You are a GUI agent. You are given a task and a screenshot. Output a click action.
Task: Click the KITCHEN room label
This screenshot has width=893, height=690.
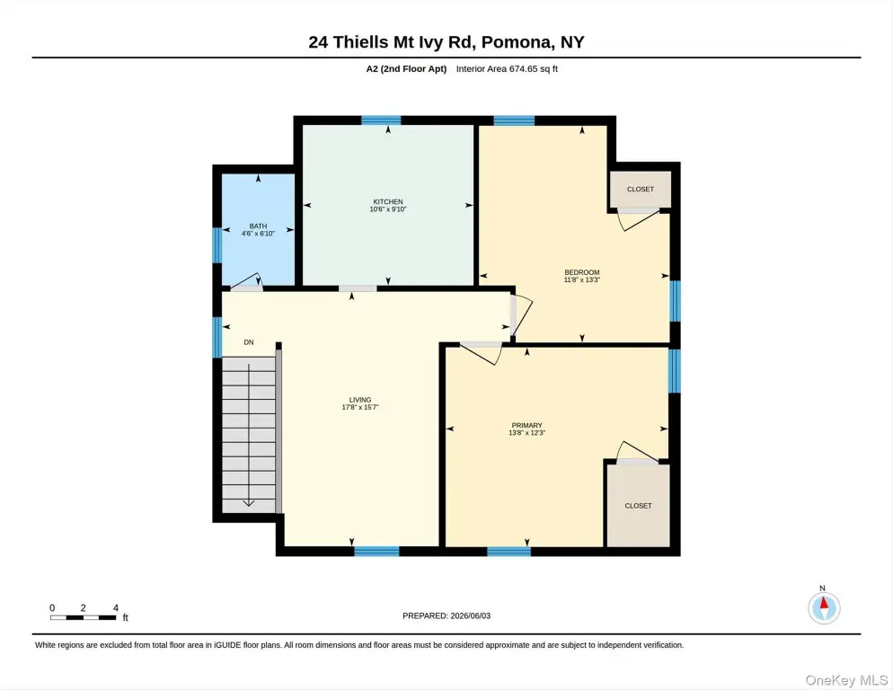click(388, 202)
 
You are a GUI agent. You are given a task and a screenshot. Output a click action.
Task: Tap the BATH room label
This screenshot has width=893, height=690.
click(258, 226)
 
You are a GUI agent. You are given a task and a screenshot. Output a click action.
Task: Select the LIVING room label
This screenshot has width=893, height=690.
click(360, 400)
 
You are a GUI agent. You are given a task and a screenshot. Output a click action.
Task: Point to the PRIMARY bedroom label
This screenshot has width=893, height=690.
click(526, 426)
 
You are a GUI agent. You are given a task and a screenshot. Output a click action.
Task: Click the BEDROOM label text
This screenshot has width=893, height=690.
click(582, 272)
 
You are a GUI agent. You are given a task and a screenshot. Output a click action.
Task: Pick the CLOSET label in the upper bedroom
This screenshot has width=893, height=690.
click(641, 190)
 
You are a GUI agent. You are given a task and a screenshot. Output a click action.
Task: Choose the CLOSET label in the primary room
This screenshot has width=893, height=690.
click(638, 506)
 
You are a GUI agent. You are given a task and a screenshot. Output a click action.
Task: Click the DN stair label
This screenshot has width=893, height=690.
click(249, 342)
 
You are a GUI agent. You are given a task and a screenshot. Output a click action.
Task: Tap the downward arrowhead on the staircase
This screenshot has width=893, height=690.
click(249, 503)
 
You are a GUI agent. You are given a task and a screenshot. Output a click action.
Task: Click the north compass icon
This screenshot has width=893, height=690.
click(824, 607)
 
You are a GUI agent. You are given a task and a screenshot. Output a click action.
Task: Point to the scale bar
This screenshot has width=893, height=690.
click(84, 617)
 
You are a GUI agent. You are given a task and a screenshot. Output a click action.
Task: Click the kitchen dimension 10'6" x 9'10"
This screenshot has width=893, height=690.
click(388, 209)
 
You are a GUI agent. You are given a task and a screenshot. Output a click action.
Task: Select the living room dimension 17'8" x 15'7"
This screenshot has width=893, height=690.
click(360, 407)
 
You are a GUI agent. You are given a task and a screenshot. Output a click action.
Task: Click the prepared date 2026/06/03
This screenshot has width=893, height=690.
click(471, 616)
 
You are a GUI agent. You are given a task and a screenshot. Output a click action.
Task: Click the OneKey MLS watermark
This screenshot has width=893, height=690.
click(846, 680)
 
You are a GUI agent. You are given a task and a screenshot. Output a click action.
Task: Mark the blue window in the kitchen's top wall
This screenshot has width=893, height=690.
click(381, 120)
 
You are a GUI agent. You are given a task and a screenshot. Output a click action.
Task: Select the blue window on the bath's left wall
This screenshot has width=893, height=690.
click(217, 245)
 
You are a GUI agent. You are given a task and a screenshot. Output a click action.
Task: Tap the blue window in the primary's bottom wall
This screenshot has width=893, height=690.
click(509, 552)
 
